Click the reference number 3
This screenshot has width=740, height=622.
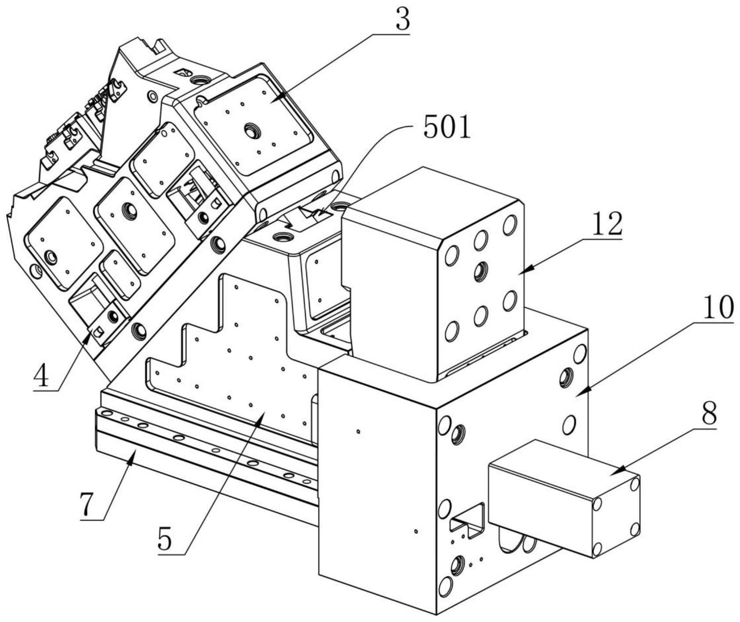(402, 19)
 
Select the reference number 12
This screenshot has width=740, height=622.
(607, 224)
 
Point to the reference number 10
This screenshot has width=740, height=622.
(719, 308)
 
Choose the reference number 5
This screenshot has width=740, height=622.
(165, 539)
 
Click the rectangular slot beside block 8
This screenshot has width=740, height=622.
(468, 520)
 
